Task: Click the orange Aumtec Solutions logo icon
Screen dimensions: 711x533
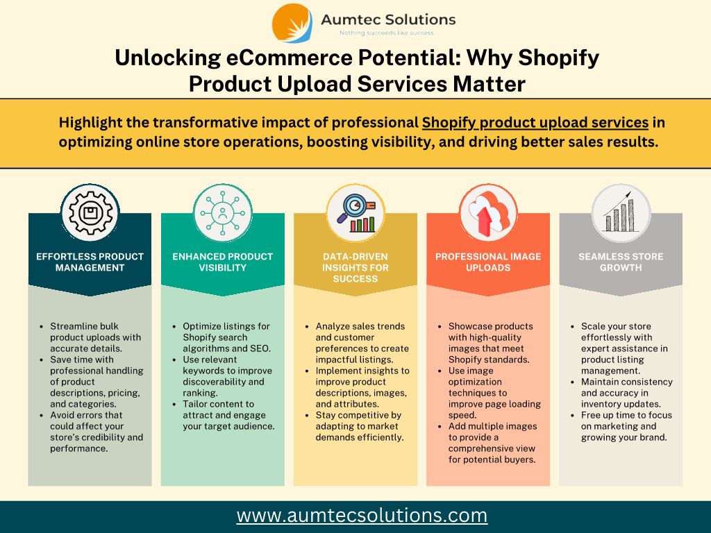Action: tap(292, 23)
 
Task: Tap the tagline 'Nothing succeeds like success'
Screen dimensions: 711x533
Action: tap(386, 33)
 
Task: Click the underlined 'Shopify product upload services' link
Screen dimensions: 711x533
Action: tap(535, 123)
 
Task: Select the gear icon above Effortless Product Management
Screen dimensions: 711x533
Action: tap(90, 212)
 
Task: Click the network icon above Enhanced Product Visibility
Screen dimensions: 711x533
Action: tap(223, 212)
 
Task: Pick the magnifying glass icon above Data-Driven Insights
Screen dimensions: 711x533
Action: tap(356, 213)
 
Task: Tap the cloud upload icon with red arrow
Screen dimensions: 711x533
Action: tap(488, 213)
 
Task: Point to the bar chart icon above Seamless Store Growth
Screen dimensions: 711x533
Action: tap(620, 212)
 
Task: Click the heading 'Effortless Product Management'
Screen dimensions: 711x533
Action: tap(90, 262)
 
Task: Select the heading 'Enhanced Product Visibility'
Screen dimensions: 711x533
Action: tap(223, 262)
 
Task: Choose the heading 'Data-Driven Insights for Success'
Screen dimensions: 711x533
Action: tap(355, 267)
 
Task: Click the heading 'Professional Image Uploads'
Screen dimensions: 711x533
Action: tap(488, 262)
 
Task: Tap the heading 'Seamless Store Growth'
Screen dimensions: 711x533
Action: tap(621, 262)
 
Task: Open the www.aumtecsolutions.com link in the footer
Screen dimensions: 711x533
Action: tap(362, 516)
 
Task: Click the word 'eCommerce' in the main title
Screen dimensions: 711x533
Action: tap(287, 58)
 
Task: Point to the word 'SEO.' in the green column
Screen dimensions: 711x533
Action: tap(260, 348)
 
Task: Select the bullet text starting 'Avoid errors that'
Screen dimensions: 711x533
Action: tap(97, 432)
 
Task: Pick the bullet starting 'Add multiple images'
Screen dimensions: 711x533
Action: tap(492, 443)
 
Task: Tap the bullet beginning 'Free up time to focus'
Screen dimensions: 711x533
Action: tap(627, 426)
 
